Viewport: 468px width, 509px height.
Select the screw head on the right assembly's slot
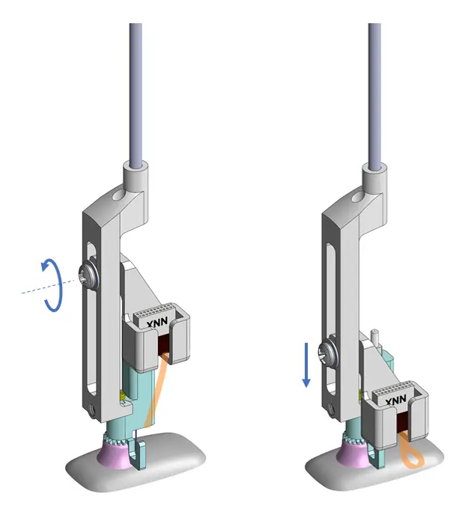click(x=327, y=349)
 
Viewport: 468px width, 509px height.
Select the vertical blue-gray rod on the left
click(x=136, y=90)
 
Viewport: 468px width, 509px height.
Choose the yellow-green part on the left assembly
click(x=121, y=392)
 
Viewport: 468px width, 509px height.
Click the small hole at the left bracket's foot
click(x=91, y=409)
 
